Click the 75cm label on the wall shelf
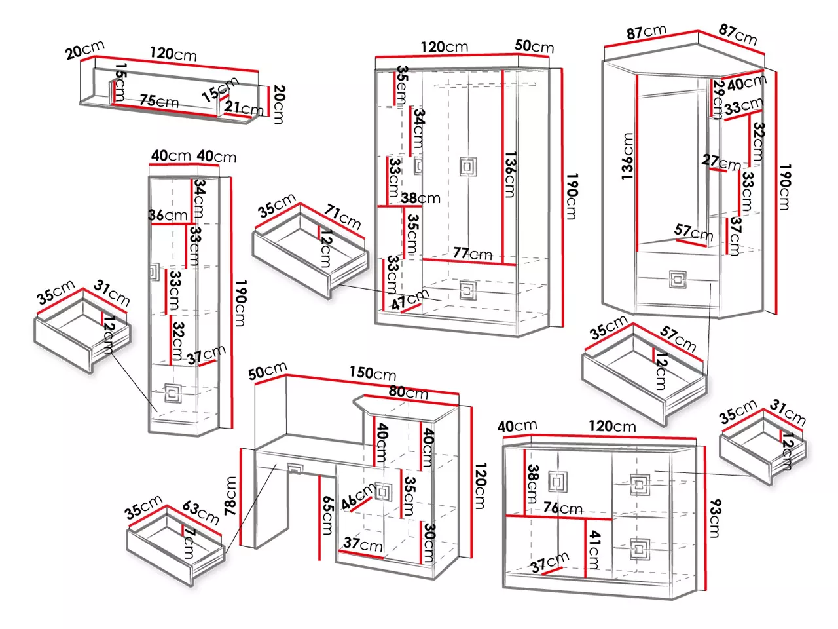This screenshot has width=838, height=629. [x=159, y=101]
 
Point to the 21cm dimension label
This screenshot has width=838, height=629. [x=244, y=109]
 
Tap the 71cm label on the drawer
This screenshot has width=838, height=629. [x=342, y=217]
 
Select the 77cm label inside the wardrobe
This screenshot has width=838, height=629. [x=473, y=253]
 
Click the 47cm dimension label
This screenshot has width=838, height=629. [x=410, y=299]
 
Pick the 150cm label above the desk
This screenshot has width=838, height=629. [x=373, y=373]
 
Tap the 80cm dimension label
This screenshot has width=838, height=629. [x=408, y=392]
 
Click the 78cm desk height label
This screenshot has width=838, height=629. [x=230, y=496]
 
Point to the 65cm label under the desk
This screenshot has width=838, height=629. [x=327, y=515]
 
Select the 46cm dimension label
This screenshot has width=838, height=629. [x=359, y=496]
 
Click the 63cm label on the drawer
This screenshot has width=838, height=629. [x=200, y=512]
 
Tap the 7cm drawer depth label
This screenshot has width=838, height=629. [x=189, y=543]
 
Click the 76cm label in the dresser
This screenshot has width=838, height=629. [x=563, y=508]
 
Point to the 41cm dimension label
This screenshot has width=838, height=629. [x=594, y=549]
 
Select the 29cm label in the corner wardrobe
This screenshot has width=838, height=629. [x=718, y=100]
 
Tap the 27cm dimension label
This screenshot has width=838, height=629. [x=721, y=162]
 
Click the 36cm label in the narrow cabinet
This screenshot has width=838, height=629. [x=168, y=215]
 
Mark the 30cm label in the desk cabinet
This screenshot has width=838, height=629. [x=429, y=543]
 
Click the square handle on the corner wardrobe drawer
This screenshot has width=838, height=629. [x=677, y=280]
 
